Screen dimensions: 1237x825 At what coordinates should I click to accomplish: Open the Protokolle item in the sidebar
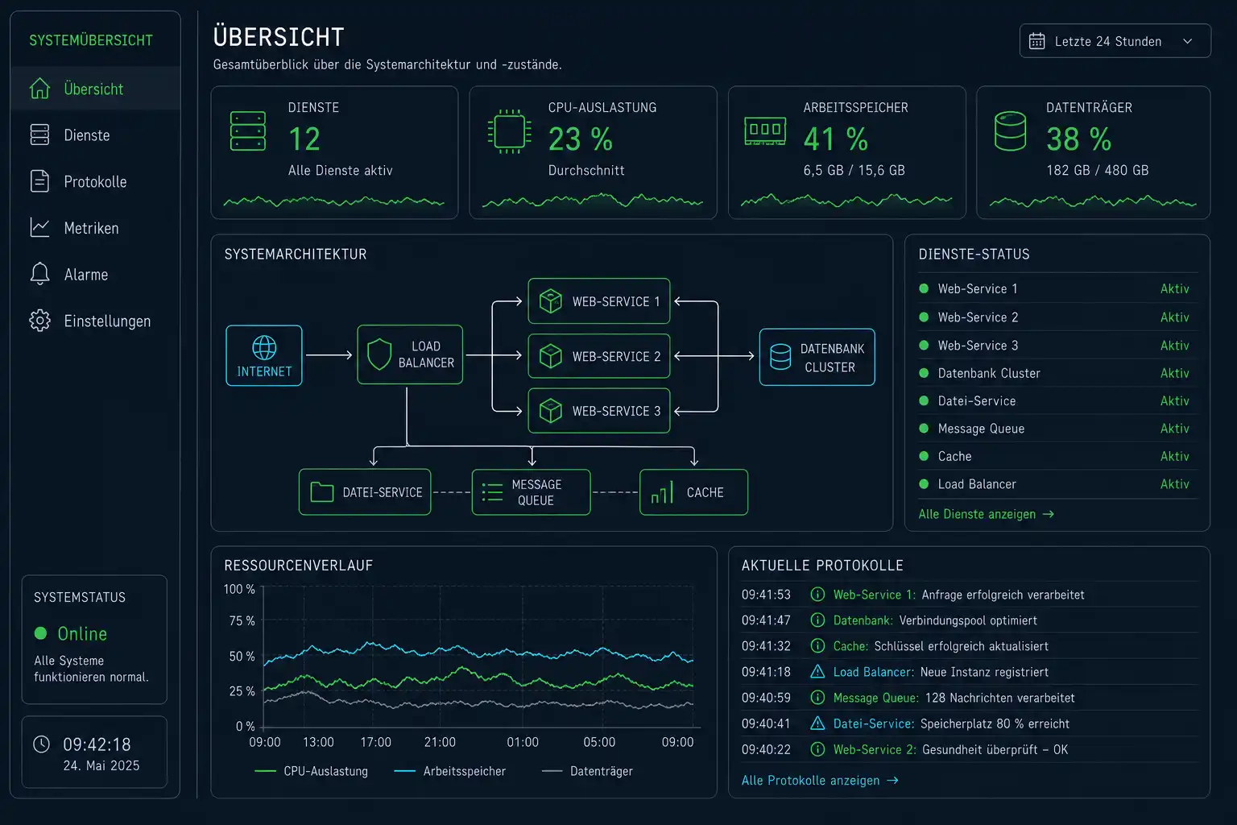pyautogui.click(x=78, y=181)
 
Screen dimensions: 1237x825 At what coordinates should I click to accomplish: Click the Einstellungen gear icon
pyautogui.click(x=39, y=321)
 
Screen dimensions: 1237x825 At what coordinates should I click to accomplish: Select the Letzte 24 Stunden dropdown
pyautogui.click(x=1115, y=41)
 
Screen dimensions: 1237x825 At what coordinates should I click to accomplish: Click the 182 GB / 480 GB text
pyautogui.click(x=1098, y=170)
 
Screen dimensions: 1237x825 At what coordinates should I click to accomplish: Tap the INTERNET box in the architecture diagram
pyautogui.click(x=264, y=355)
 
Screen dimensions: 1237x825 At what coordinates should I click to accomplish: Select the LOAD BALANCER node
pyautogui.click(x=410, y=354)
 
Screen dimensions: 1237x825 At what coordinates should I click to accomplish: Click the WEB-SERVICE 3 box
pyautogui.click(x=598, y=411)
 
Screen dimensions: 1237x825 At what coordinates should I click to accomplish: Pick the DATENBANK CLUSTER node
pyautogui.click(x=817, y=357)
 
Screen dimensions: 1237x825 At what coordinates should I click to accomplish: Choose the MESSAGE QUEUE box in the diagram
pyautogui.click(x=531, y=491)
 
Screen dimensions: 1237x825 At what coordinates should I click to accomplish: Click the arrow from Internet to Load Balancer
pyautogui.click(x=329, y=354)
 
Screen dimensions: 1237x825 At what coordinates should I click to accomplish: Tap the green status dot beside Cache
pyautogui.click(x=924, y=456)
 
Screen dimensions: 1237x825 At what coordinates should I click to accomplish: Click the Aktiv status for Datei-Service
pyautogui.click(x=1175, y=400)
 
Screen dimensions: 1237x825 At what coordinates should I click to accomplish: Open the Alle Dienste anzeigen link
pyautogui.click(x=987, y=514)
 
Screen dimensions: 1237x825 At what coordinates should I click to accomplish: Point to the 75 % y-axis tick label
pyautogui.click(x=242, y=621)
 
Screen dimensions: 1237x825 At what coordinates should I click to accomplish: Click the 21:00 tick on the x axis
pyautogui.click(x=440, y=742)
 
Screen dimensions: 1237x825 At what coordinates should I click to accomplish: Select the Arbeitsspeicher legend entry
pyautogui.click(x=450, y=771)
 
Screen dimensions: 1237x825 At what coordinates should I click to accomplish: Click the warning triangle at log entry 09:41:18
pyautogui.click(x=817, y=671)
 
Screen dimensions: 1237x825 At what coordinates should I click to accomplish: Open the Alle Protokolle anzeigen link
pyautogui.click(x=820, y=780)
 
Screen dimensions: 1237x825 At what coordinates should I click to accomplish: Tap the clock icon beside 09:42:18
pyautogui.click(x=41, y=744)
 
